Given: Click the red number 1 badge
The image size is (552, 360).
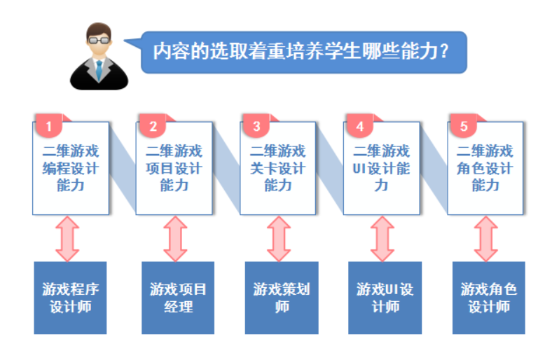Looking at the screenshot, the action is [48, 125].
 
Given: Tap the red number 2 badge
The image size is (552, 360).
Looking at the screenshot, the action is [153, 125].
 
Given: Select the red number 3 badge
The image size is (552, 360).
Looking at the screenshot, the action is [256, 125].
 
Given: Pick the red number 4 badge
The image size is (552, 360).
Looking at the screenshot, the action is [360, 125].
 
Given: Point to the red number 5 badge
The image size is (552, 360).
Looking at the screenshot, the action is [464, 125].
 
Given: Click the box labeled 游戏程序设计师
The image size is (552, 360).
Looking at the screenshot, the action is [70, 298].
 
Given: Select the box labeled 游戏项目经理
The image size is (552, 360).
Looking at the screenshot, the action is [178, 298].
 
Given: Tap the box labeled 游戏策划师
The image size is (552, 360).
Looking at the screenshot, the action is [282, 298].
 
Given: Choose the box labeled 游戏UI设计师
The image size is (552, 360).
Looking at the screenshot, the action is [385, 298].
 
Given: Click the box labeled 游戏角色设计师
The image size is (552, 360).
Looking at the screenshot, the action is [489, 298].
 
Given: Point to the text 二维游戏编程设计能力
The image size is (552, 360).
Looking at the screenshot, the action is [71, 168].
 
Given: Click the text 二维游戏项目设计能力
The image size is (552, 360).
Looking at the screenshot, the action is [174, 168].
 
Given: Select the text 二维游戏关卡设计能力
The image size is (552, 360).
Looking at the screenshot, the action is [278, 168].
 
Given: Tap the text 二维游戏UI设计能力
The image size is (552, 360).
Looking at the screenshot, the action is [381, 168].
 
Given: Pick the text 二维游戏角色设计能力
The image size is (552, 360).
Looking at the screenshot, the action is [485, 168].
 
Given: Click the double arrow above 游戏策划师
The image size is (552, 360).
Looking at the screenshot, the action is [279, 239].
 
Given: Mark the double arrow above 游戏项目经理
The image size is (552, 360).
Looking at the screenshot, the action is [175, 239].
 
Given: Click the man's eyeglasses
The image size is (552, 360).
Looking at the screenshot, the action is [99, 40].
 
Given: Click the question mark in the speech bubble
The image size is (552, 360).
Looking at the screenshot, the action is [444, 51].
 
